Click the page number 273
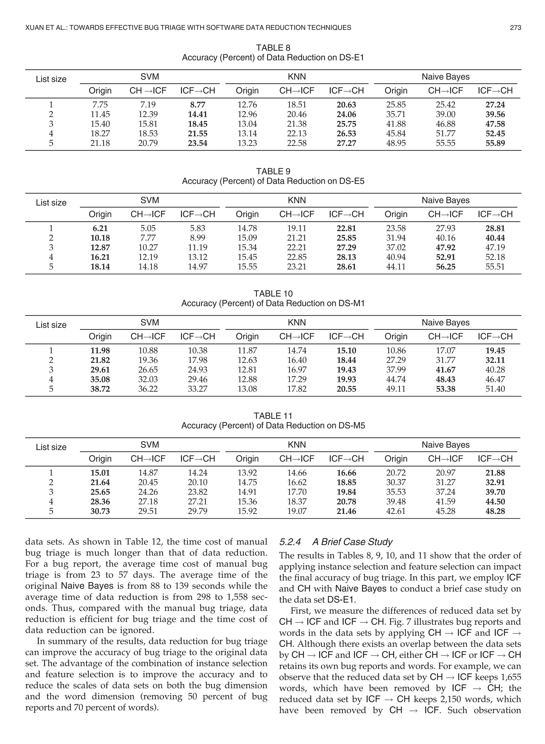click(515, 28)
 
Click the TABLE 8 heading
click(273, 48)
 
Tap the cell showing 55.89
click(495, 143)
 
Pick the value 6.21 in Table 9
click(100, 228)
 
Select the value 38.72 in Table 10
click(100, 389)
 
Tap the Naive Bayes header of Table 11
click(445, 445)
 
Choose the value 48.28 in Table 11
click(495, 511)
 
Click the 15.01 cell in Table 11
click(100, 473)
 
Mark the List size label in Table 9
click(51, 202)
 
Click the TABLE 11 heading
click(273, 416)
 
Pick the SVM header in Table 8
click(150, 77)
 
